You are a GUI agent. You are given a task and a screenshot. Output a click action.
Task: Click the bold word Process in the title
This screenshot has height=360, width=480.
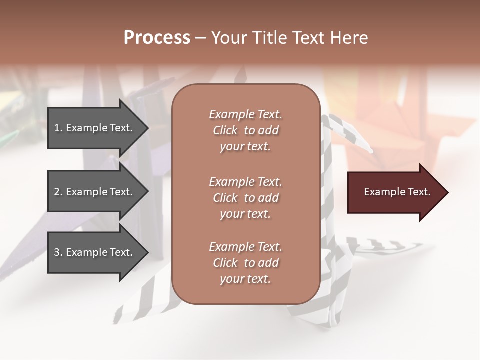coord(157,38)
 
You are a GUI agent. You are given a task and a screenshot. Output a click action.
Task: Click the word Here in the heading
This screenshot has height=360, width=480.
coord(349,38)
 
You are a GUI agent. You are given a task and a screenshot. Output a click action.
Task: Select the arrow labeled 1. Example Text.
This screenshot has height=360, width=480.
coord(95,128)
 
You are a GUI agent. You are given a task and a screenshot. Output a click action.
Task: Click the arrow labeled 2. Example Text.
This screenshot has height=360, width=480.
coord(95,192)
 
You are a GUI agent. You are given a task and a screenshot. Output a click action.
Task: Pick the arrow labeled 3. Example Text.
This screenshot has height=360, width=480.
coord(95,252)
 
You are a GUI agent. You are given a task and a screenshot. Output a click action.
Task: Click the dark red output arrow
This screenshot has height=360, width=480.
coord(395,192)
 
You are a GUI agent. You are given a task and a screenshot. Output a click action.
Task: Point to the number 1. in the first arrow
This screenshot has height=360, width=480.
coord(58,128)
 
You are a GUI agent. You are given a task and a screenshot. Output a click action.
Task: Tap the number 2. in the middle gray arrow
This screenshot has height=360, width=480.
coord(58,192)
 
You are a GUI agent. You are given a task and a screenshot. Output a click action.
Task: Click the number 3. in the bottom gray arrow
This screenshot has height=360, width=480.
coord(58,252)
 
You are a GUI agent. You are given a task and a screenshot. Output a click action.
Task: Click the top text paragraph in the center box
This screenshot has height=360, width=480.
coord(245,130)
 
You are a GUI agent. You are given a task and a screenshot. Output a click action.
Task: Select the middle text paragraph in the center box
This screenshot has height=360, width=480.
coord(245,198)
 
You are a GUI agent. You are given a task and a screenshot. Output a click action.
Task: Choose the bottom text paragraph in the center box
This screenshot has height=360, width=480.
coord(245,263)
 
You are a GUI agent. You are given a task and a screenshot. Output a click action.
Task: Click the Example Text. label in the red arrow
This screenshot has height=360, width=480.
coord(397,192)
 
